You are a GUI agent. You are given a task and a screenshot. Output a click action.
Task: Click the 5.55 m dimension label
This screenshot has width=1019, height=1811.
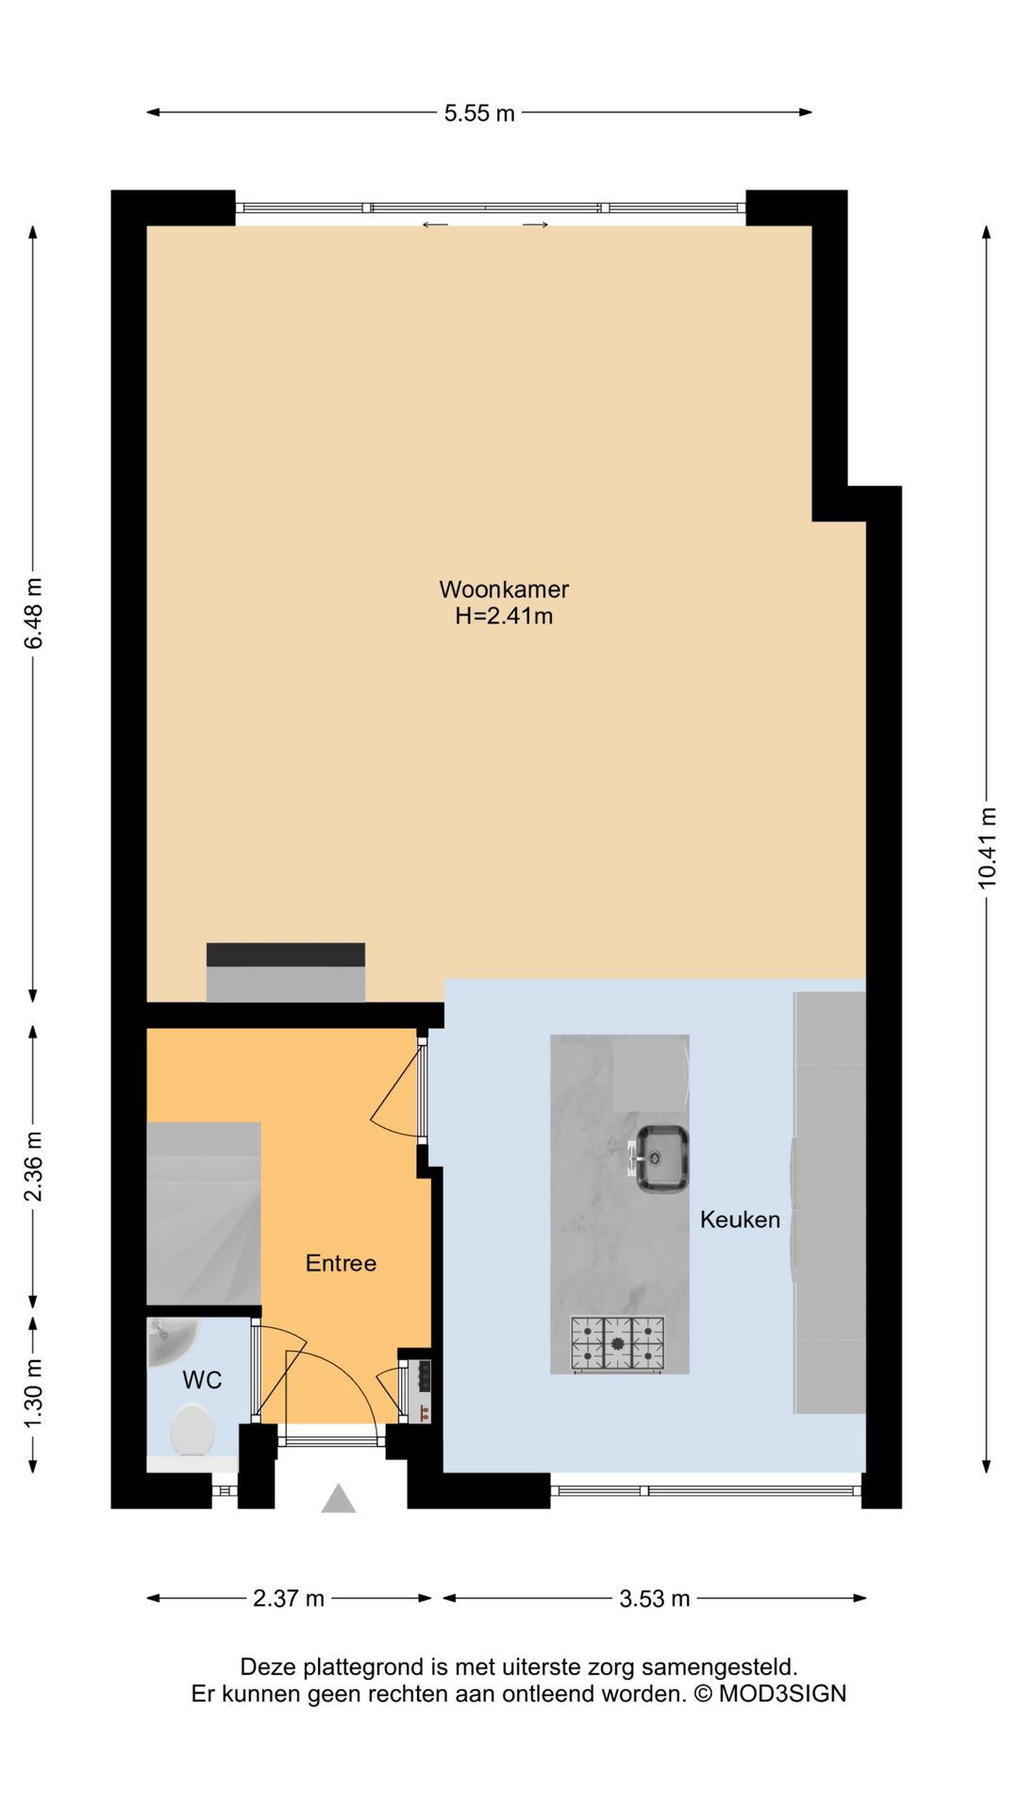[x=479, y=113]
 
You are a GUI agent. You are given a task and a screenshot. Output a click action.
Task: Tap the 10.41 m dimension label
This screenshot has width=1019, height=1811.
[x=987, y=847]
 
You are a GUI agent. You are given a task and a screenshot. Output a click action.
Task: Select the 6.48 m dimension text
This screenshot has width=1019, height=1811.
[x=34, y=613]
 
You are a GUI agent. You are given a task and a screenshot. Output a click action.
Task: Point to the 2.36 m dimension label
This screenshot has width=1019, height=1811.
[x=34, y=1167]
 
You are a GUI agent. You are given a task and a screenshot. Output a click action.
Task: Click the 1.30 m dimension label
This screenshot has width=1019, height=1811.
[x=34, y=1393]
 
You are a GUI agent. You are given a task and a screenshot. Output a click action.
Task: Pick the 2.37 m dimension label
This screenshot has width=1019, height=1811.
[x=289, y=1598]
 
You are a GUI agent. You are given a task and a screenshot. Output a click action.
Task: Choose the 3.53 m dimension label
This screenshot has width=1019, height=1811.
[x=655, y=1598]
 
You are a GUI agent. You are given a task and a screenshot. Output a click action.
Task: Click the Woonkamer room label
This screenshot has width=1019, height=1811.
[x=504, y=590]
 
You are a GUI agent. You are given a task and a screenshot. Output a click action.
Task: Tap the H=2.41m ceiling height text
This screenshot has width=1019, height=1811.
[x=504, y=616]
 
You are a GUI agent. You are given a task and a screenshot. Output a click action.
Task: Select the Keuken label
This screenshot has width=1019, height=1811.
[x=740, y=1220]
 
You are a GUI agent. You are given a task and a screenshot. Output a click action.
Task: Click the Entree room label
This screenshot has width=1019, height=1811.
[x=341, y=1263]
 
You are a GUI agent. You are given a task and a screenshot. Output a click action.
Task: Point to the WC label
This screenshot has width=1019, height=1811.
[x=202, y=1380]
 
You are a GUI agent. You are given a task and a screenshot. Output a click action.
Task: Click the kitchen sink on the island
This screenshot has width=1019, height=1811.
[x=660, y=1158]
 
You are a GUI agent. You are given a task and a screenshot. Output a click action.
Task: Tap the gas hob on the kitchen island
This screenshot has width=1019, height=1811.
[x=617, y=1344]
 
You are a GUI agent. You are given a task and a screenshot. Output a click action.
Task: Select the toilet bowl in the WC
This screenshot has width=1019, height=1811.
[x=192, y=1430]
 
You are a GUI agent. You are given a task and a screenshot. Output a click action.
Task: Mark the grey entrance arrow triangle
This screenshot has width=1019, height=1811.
[x=339, y=1499]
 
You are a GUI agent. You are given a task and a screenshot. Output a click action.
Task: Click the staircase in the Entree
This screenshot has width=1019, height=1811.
[x=204, y=1214]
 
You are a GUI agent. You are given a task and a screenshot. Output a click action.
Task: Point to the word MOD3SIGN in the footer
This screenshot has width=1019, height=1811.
[x=782, y=1693]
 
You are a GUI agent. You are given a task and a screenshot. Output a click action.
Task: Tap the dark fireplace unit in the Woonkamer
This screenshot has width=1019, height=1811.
[x=286, y=972]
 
